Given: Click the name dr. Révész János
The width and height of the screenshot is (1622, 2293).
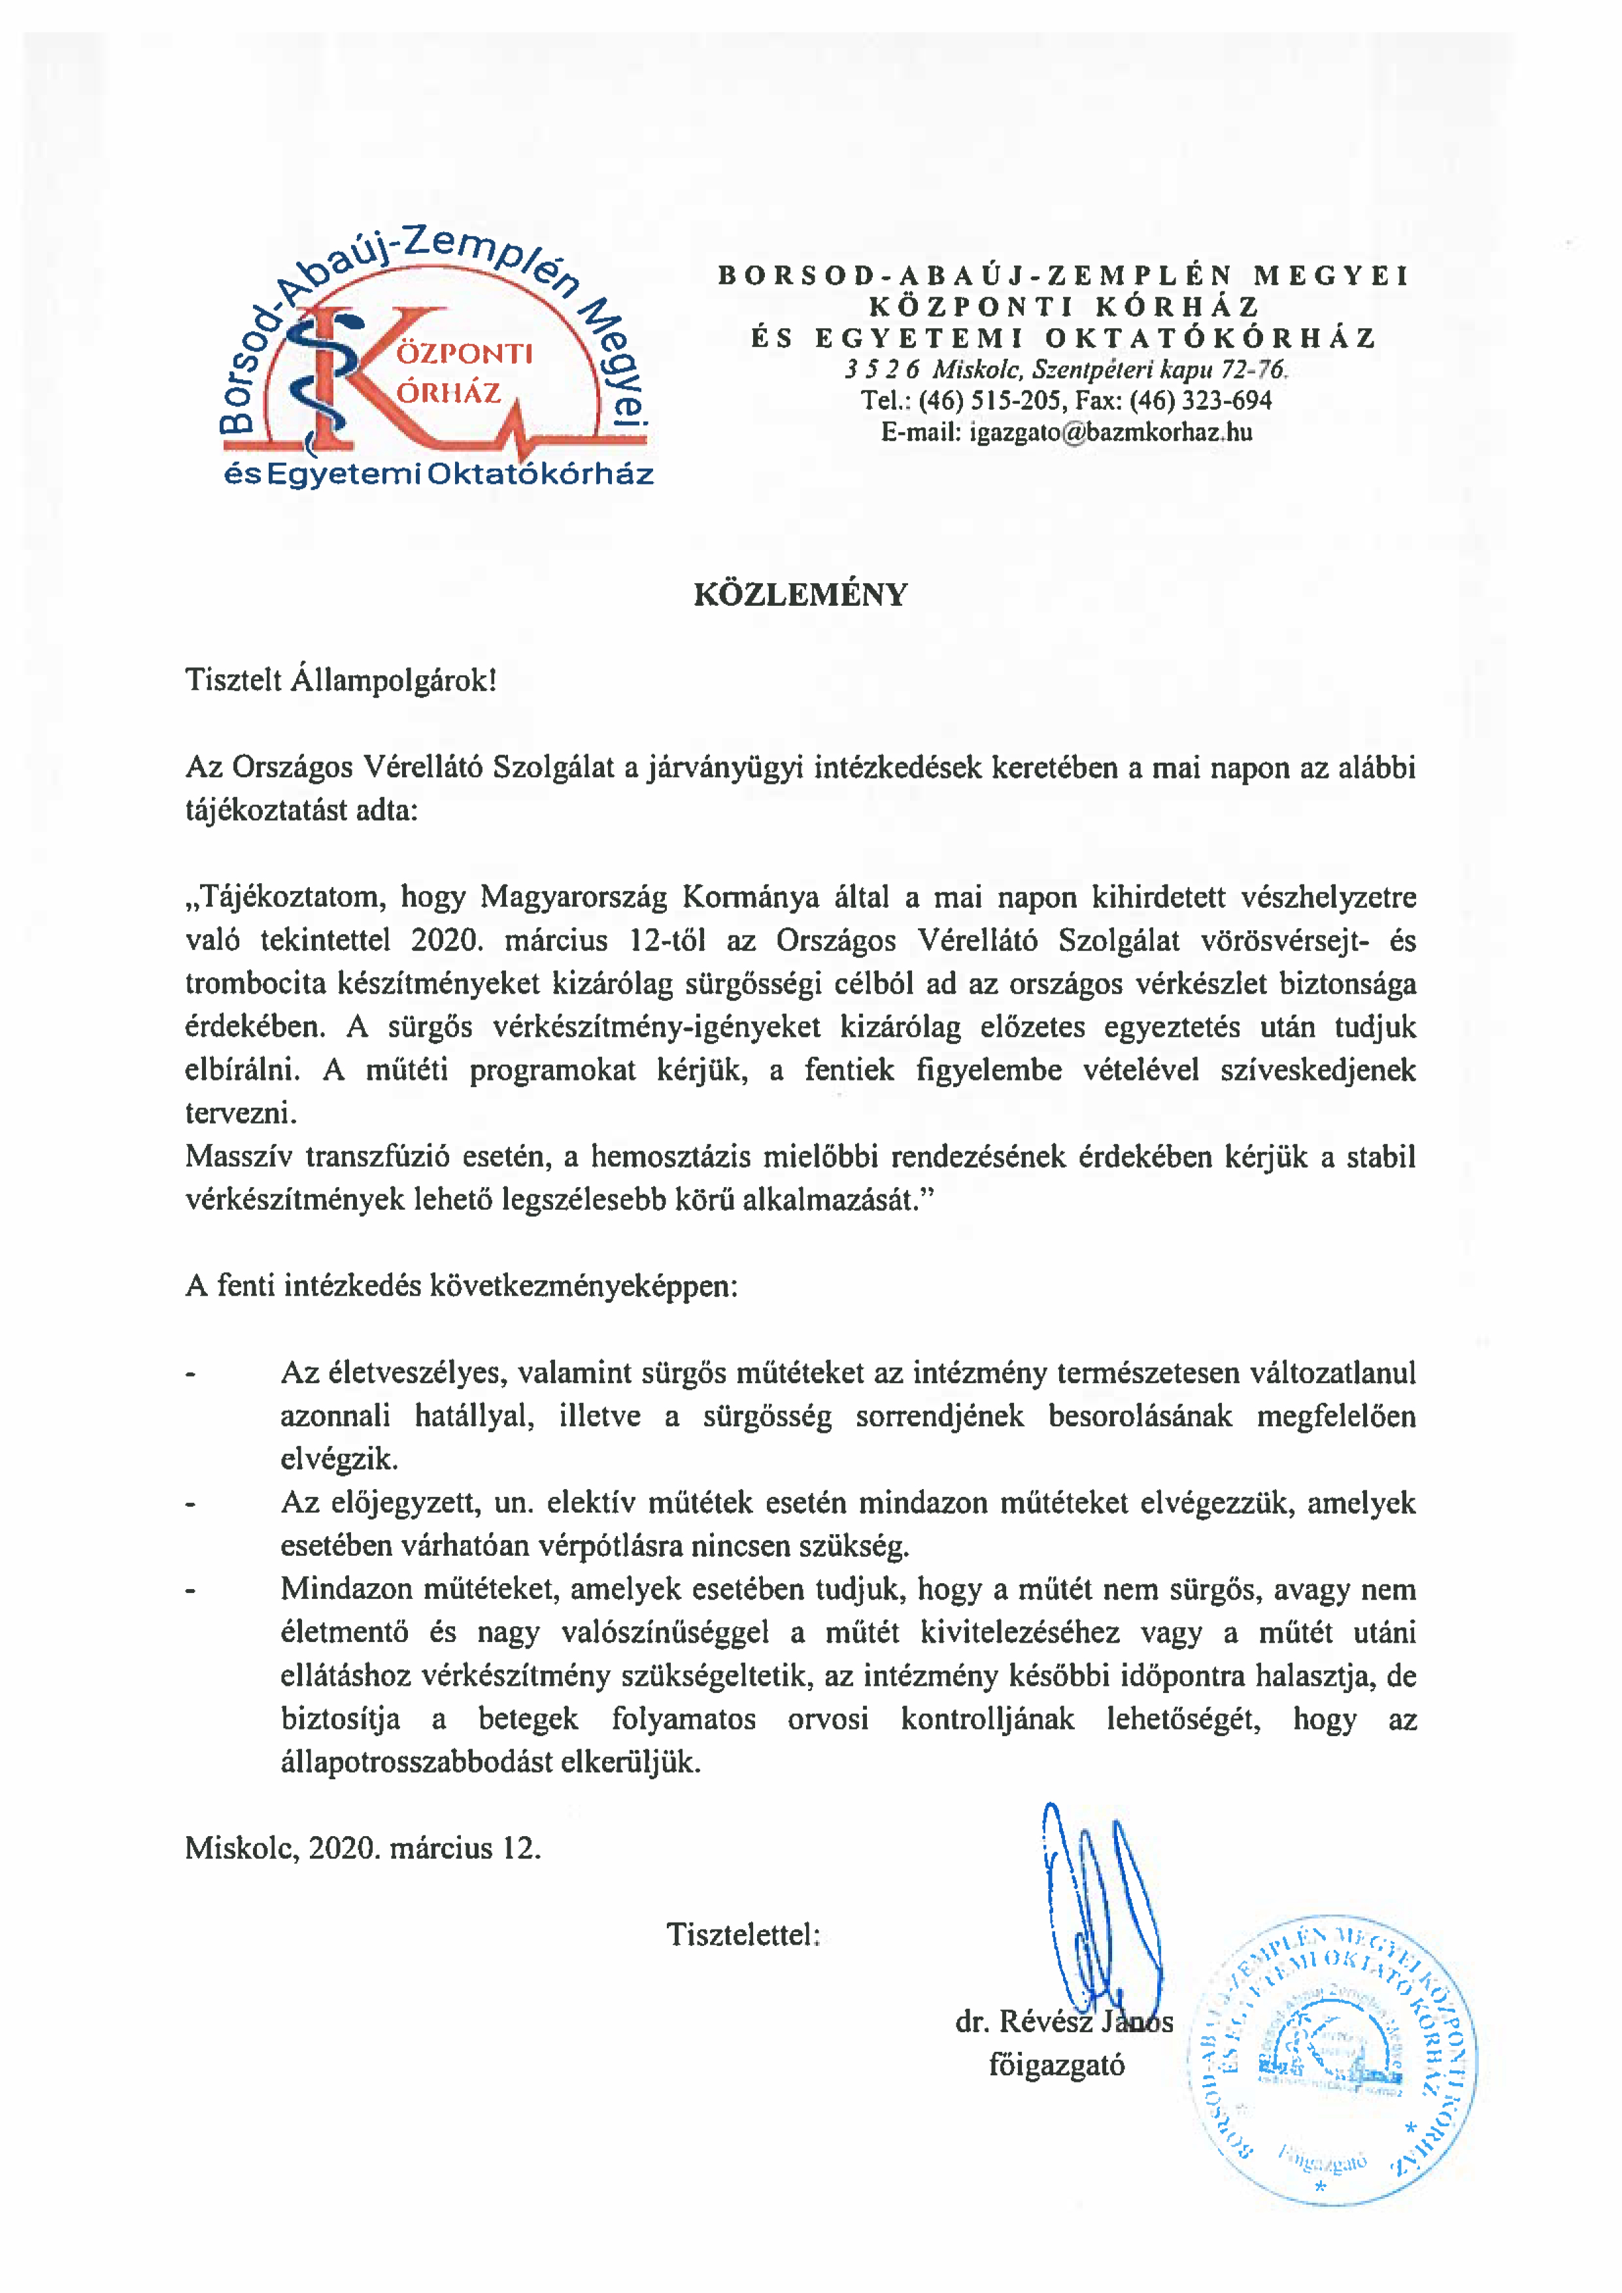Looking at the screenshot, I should pyautogui.click(x=1064, y=2021).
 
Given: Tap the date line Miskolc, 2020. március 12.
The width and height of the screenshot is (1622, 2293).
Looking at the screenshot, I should pyautogui.click(x=363, y=1848).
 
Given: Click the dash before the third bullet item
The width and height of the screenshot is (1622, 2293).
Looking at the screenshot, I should pyautogui.click(x=190, y=1591).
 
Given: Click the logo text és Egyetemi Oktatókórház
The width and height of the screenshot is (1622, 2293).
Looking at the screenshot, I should pyautogui.click(x=439, y=475).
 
